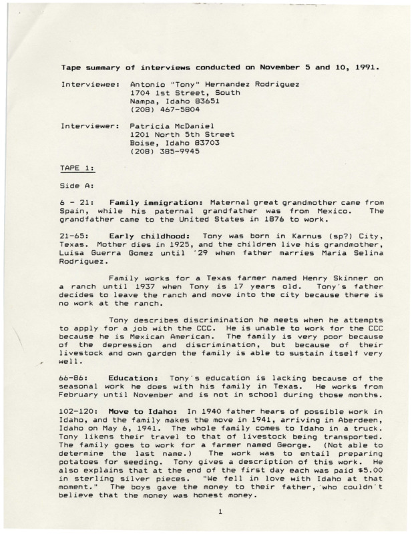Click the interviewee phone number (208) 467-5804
coord(160,109)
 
